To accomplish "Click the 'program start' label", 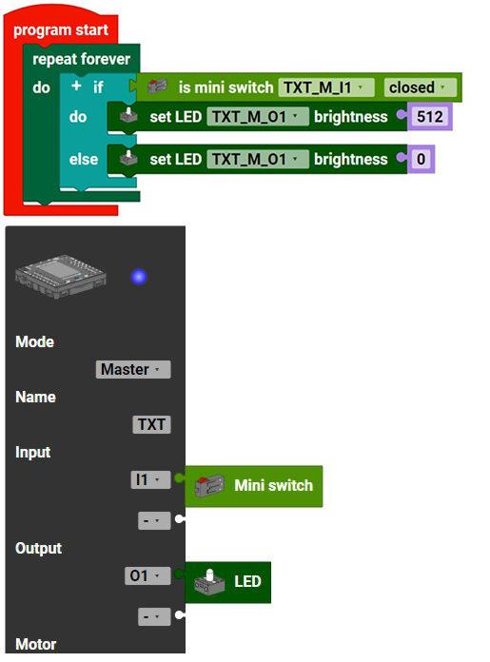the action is pyautogui.click(x=61, y=30).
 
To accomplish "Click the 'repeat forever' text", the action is pyautogui.click(x=81, y=59).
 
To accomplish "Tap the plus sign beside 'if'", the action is pyautogui.click(x=76, y=86).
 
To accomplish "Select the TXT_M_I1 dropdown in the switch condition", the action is pyautogui.click(x=325, y=88).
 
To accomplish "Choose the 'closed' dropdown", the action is pyautogui.click(x=420, y=88).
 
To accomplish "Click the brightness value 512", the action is pyautogui.click(x=430, y=117).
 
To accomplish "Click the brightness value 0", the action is pyautogui.click(x=421, y=159).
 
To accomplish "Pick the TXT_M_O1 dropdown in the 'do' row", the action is pyautogui.click(x=257, y=117).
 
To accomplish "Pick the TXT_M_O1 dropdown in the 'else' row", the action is pyautogui.click(x=257, y=159).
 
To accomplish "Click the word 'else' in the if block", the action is pyautogui.click(x=84, y=159).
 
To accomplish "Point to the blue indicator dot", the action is pyautogui.click(x=139, y=277).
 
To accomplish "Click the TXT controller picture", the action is pyautogui.click(x=60, y=277).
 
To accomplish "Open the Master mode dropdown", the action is pyautogui.click(x=133, y=369).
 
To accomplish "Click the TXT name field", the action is pyautogui.click(x=151, y=424).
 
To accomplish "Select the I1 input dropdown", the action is pyautogui.click(x=150, y=480).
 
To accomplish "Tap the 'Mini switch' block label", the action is pyautogui.click(x=274, y=485).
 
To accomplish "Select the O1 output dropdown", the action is pyautogui.click(x=147, y=575).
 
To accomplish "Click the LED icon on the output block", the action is pyautogui.click(x=209, y=582).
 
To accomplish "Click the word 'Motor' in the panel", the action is pyautogui.click(x=36, y=644).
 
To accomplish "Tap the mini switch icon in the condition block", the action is pyautogui.click(x=157, y=87).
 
